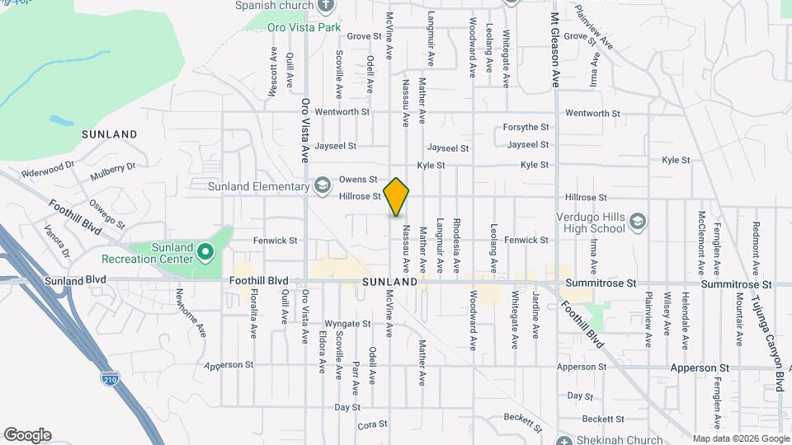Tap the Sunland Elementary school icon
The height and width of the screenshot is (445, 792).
pyautogui.click(x=323, y=185)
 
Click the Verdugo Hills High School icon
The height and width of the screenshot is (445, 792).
pyautogui.click(x=637, y=222)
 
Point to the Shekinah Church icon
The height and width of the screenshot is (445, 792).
pyautogui.click(x=563, y=439)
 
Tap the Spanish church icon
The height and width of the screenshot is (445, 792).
pyautogui.click(x=326, y=5)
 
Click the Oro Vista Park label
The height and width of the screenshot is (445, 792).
pyautogui.click(x=304, y=27)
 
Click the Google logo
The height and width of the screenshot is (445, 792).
pyautogui.click(x=26, y=435)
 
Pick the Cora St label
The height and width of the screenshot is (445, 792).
pyautogui.click(x=367, y=426)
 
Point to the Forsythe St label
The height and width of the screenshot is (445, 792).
pyautogui.click(x=526, y=127)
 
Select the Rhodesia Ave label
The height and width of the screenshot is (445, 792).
pyautogui.click(x=455, y=246)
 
